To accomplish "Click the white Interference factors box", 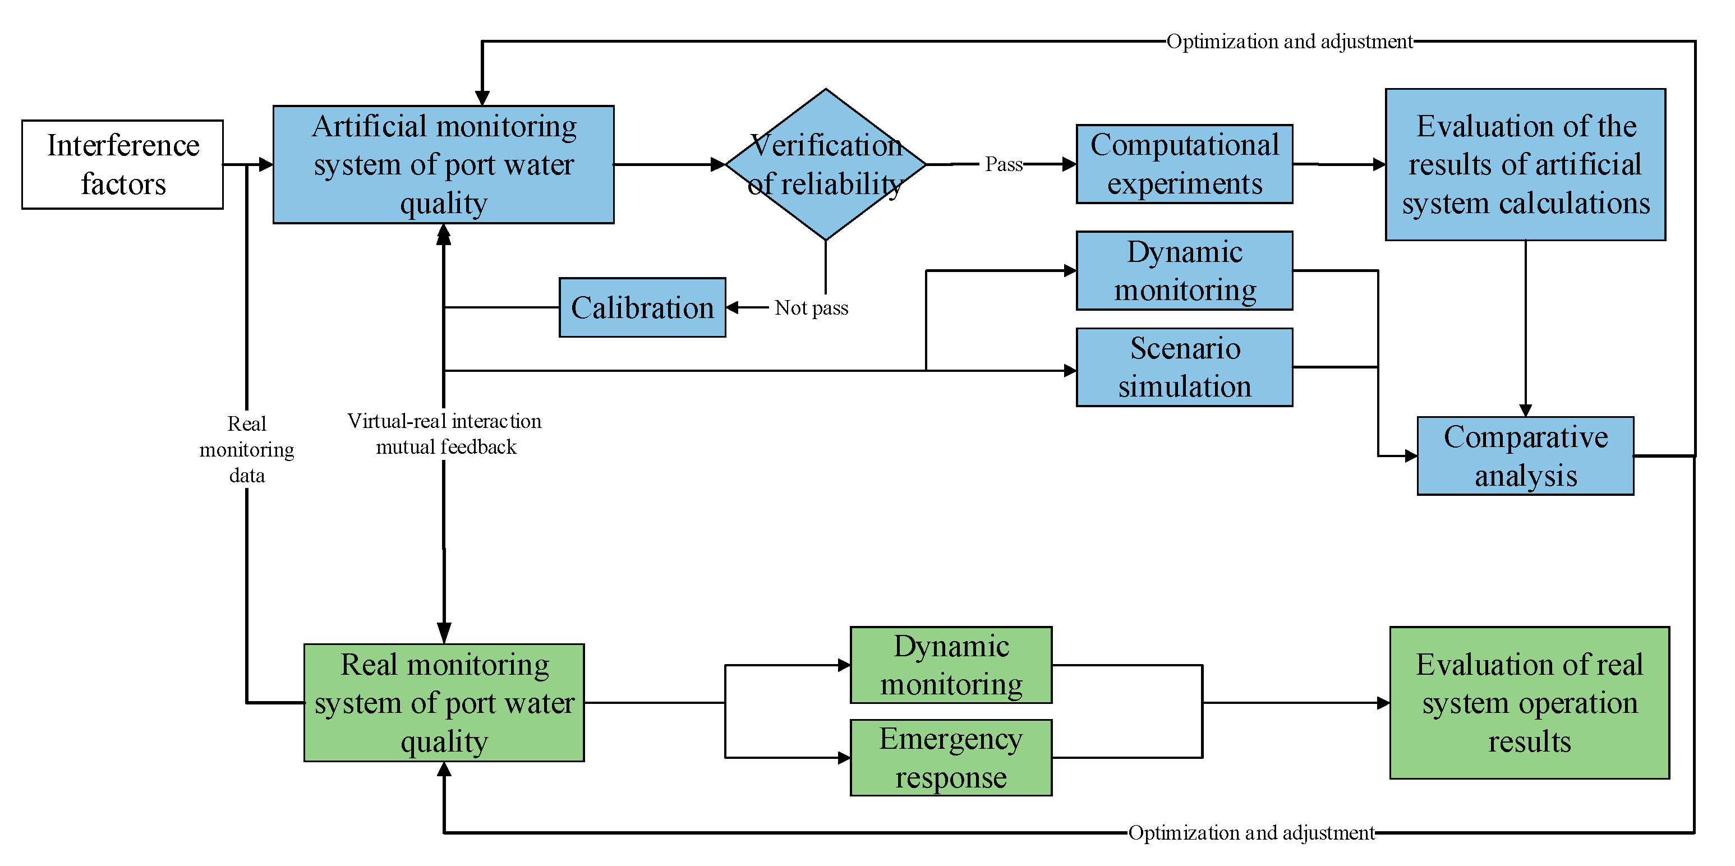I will point(123,164).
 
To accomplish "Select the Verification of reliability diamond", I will point(825,164).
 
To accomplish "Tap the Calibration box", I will point(642,308).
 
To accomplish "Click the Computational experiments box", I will point(1184,164).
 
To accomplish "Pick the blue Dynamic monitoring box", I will point(1184,271).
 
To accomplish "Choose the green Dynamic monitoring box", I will point(950,665).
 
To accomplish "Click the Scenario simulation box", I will point(1184,367).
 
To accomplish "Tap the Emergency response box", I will point(950,758).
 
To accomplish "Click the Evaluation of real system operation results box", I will point(1529,702).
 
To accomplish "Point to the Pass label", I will point(1003,164).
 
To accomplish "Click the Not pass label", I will point(811,308).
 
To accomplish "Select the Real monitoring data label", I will point(246,449).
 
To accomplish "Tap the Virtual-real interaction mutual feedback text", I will point(444,434).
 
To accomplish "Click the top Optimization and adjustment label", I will point(1289,42).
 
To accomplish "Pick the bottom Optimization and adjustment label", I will point(1251,833).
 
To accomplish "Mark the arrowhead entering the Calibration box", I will point(733,308).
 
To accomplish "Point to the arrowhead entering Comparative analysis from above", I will point(1526,410).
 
